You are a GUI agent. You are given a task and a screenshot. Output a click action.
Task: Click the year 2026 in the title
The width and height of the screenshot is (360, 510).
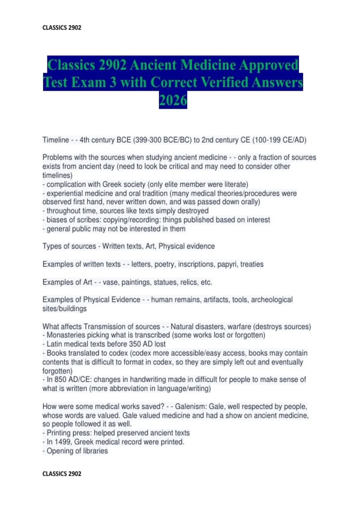173,100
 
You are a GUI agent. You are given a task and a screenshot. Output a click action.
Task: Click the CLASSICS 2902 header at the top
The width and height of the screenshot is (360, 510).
62,28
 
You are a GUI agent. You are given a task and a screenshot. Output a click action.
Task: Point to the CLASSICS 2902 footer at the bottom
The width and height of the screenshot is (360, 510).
62,474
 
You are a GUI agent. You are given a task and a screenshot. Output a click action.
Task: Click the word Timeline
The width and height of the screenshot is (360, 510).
56,140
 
